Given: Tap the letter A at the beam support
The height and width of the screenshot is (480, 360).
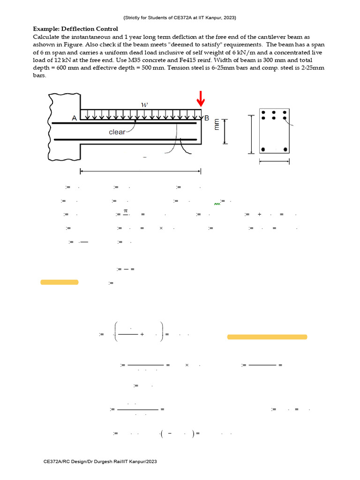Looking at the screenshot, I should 74,119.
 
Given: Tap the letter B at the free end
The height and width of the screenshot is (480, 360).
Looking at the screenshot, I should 207,118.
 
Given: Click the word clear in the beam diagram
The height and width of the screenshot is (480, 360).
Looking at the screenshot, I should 117,132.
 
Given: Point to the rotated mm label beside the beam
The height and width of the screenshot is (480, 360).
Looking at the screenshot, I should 217,125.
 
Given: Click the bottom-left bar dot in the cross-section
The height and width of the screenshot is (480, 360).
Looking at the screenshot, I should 263,150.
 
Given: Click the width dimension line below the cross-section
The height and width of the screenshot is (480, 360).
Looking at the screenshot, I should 274,162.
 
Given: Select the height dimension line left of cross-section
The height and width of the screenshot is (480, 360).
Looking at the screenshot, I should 252,135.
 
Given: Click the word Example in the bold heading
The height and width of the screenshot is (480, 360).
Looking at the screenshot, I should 46,29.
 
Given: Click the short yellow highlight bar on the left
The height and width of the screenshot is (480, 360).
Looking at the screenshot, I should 60,282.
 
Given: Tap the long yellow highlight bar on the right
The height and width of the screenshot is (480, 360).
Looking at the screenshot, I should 267,337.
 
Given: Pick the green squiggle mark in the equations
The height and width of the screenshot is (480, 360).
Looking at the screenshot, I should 217,204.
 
